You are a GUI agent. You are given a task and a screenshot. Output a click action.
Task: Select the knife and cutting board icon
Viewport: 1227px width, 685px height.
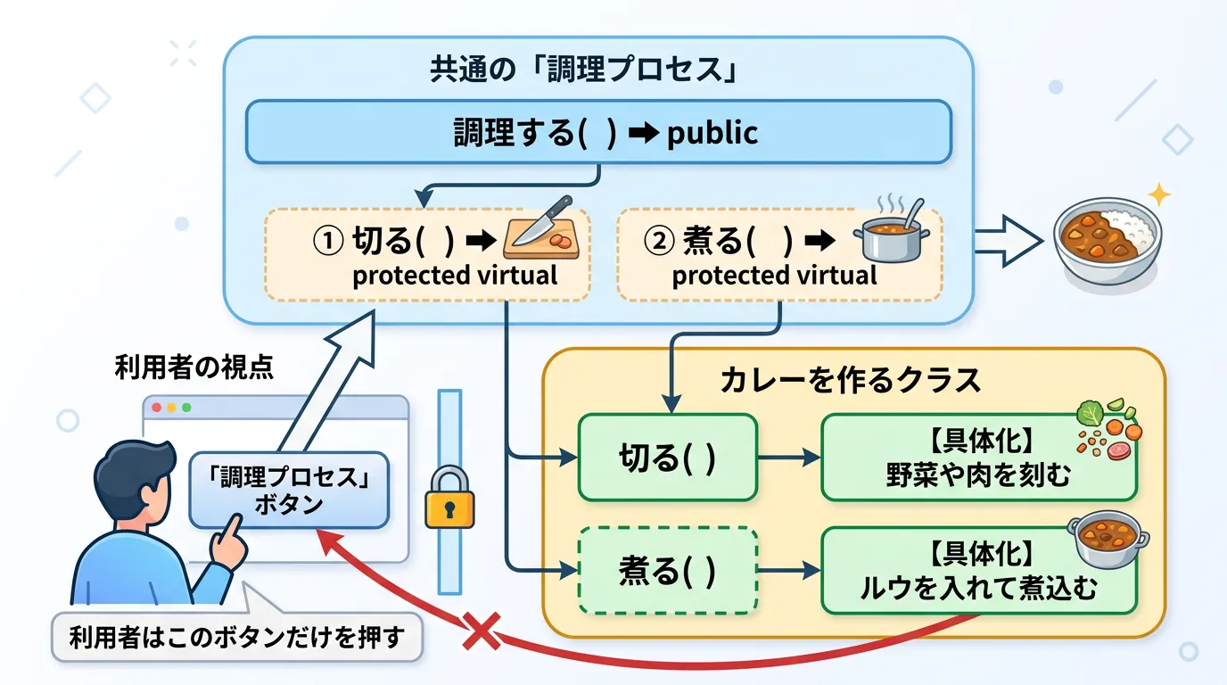pos(541,230)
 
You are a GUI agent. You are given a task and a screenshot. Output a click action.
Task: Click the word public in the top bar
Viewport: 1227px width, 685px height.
pos(712,133)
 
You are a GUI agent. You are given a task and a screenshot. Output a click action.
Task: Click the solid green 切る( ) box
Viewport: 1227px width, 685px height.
pos(667,458)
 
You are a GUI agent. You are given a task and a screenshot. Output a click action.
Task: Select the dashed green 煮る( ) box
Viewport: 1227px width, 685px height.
pos(667,571)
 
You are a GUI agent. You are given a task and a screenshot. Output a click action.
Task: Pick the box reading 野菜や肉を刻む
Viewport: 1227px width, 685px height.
pos(978,458)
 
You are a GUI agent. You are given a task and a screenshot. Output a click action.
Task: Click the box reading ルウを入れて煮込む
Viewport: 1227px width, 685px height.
pos(978,571)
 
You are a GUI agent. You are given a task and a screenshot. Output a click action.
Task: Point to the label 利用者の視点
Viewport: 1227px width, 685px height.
pos(194,367)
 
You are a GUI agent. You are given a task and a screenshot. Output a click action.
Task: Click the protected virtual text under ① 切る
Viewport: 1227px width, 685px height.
pos(455,276)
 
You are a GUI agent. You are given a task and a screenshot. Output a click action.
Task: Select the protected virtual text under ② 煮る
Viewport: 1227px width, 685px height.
pos(774,276)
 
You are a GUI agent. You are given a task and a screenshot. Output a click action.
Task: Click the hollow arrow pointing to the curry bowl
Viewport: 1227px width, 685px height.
pos(1009,240)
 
